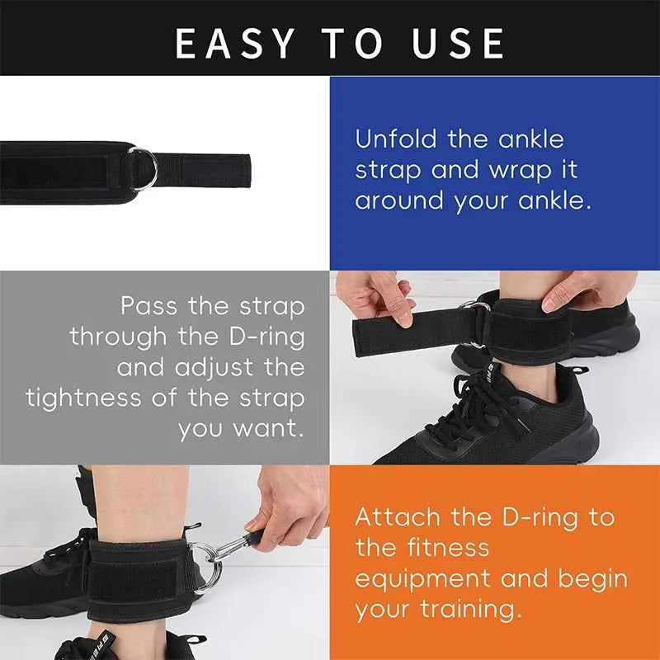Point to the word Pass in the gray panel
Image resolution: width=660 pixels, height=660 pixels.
tap(149, 306)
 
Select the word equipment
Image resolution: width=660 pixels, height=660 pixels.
tap(423, 579)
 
